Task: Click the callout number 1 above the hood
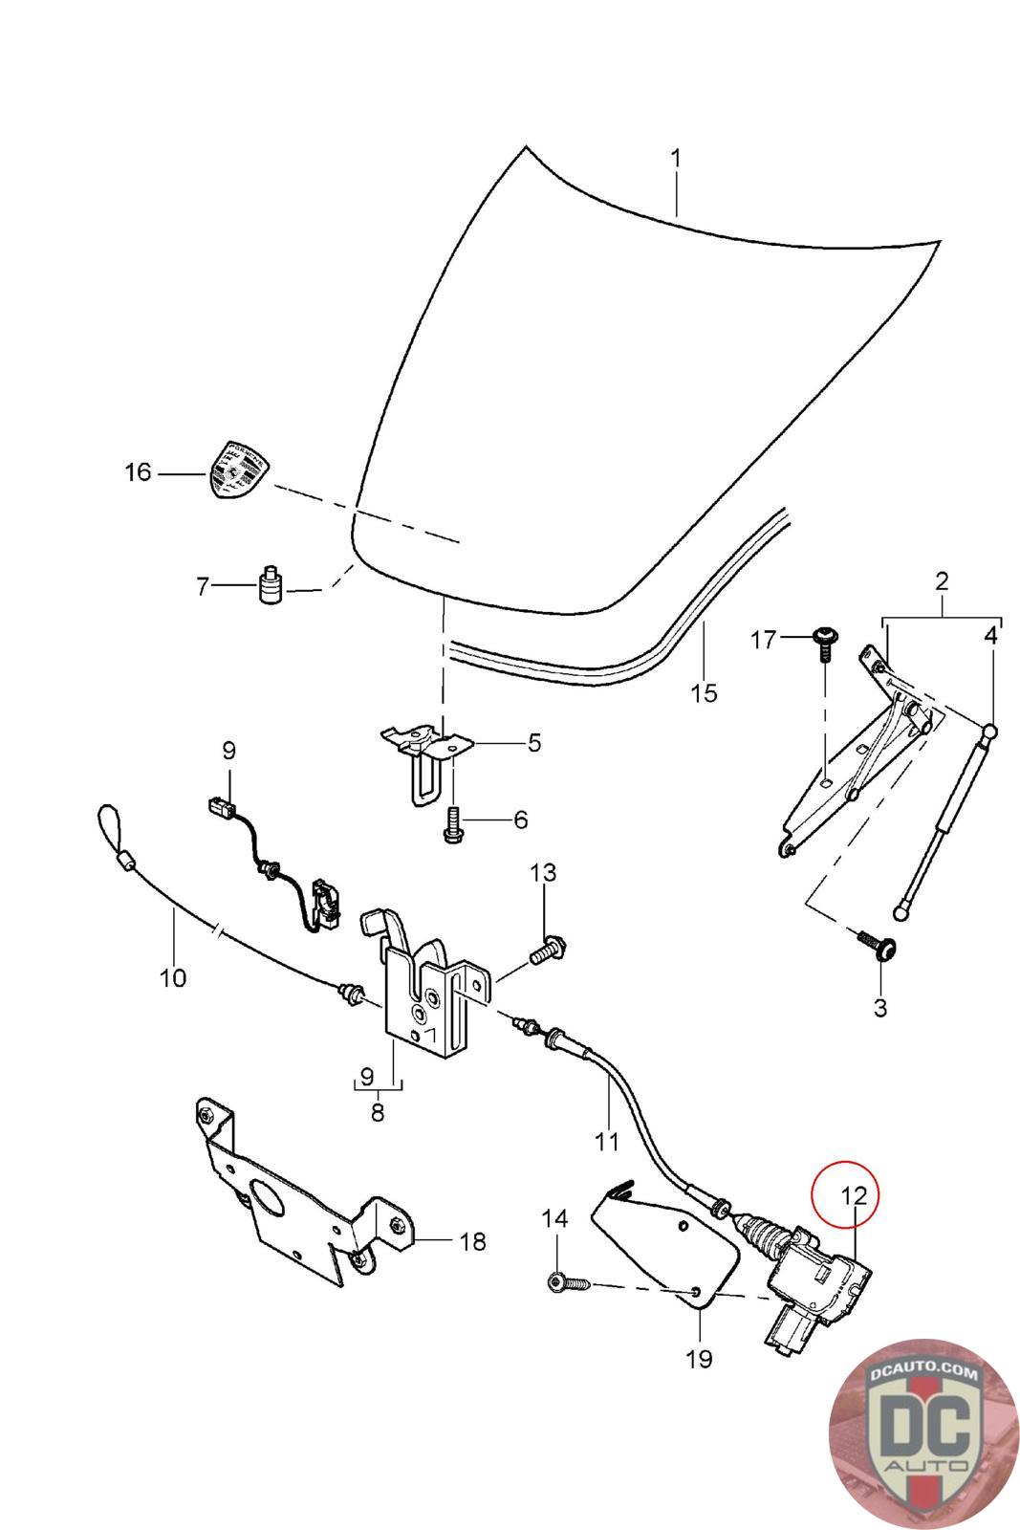click(676, 157)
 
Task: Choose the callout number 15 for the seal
click(704, 692)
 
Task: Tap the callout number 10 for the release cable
click(173, 977)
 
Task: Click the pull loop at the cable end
click(110, 824)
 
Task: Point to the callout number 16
click(139, 472)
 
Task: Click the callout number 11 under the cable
click(607, 1140)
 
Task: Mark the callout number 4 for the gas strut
click(990, 635)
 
